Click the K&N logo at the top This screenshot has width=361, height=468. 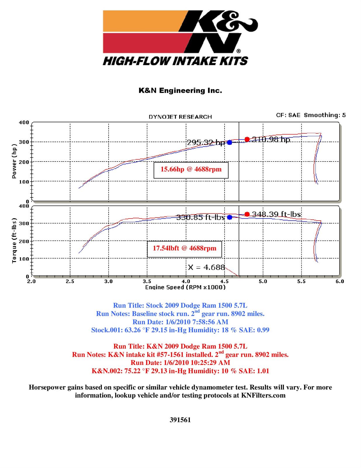tap(180, 38)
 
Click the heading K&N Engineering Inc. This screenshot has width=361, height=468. tap(180, 91)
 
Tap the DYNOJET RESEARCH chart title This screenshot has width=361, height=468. tap(180, 117)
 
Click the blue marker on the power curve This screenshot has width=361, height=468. tap(230, 142)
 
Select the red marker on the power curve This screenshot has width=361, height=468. tap(247, 139)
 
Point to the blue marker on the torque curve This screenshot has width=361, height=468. tap(230, 217)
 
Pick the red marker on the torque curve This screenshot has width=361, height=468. tap(247, 214)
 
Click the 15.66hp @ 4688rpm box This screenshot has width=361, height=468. tap(191, 170)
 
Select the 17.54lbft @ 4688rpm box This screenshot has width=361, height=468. tap(185, 249)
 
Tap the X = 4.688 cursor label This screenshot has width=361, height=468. tap(206, 267)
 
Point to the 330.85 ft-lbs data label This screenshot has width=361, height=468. tap(201, 217)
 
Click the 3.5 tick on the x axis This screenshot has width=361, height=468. tap(147, 281)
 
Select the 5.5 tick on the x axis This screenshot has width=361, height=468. tap(301, 281)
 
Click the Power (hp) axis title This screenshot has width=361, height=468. tap(14, 161)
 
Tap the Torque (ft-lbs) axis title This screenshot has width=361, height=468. tap(14, 240)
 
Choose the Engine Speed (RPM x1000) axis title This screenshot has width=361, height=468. tap(185, 288)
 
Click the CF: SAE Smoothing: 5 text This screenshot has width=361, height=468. tap(311, 115)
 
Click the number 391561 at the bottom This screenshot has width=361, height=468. tap(180, 420)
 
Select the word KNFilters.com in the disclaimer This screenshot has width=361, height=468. tap(263, 395)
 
